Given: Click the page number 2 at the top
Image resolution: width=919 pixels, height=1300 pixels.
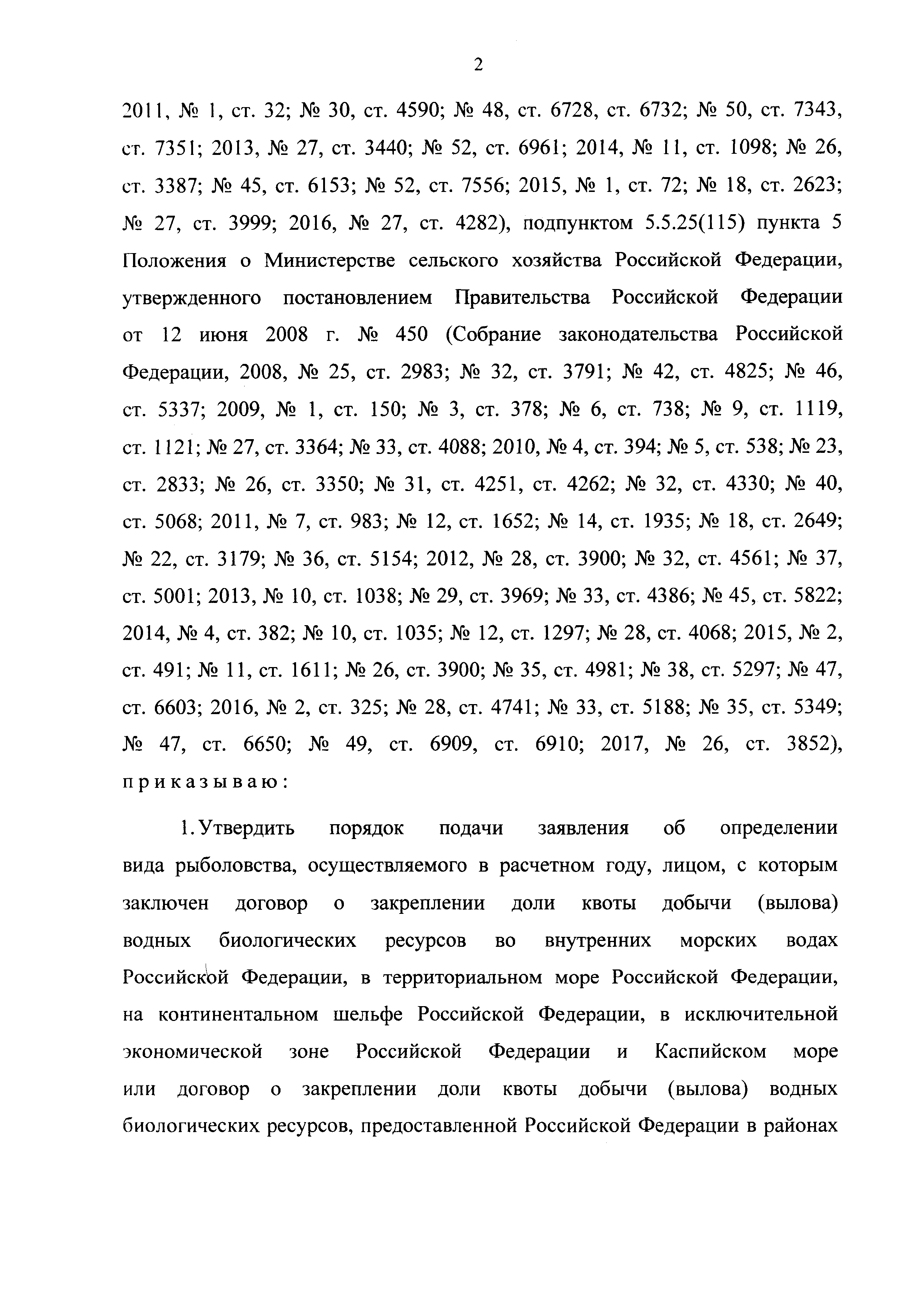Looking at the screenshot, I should (x=478, y=66).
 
